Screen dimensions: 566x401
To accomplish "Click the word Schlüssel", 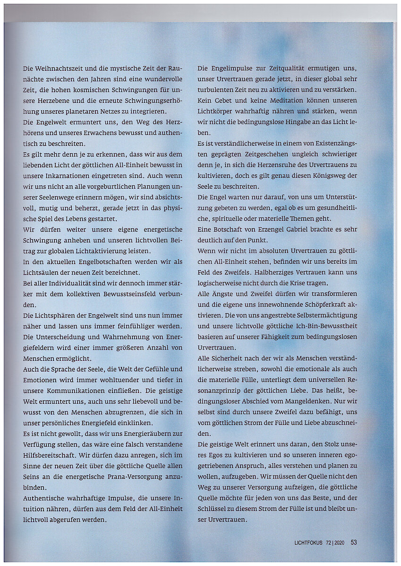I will (x=215, y=509).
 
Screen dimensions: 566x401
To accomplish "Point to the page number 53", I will (x=353, y=543).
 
